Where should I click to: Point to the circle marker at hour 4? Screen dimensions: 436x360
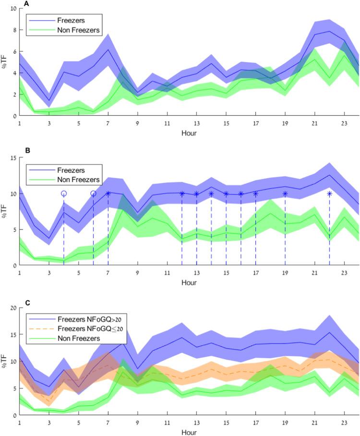tap(64, 194)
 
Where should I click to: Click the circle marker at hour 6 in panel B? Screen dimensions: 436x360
tap(93, 194)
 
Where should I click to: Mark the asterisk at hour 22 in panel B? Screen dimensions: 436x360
tap(329, 194)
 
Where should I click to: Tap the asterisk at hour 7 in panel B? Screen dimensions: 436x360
tap(108, 194)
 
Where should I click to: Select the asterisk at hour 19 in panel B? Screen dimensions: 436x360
tap(285, 194)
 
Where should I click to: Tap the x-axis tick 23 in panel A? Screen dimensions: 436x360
tap(344, 123)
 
